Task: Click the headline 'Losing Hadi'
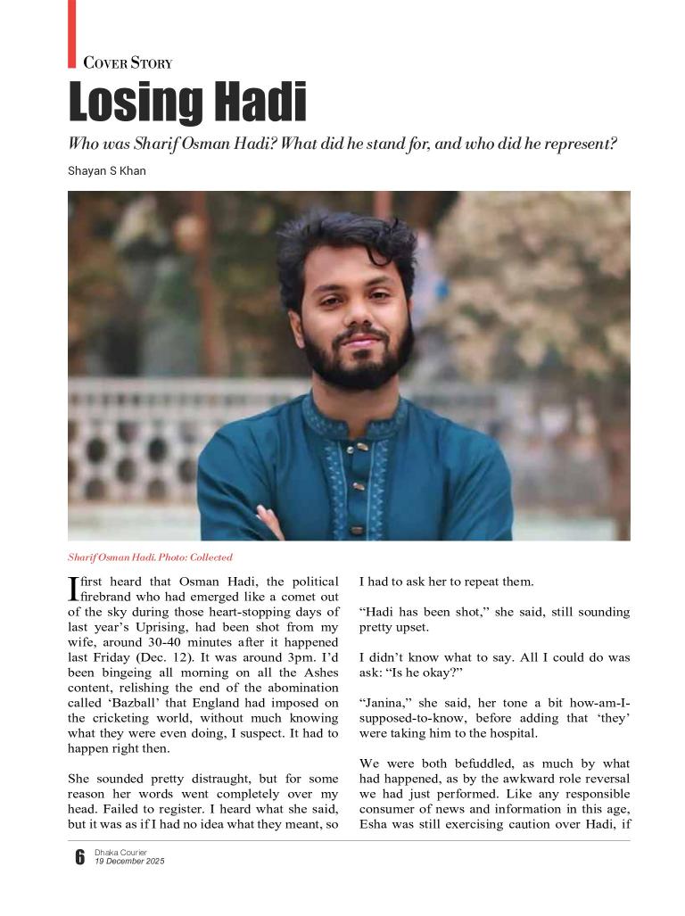[187, 103]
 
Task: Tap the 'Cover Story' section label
[128, 62]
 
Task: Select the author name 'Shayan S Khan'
[107, 171]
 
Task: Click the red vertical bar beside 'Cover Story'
[72, 33]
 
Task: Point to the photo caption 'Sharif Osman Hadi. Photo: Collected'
[150, 557]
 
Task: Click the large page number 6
[79, 857]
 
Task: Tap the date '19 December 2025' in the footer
[129, 862]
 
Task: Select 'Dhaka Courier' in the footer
[121, 853]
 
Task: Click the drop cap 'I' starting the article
[73, 588]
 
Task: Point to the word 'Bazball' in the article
[136, 702]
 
